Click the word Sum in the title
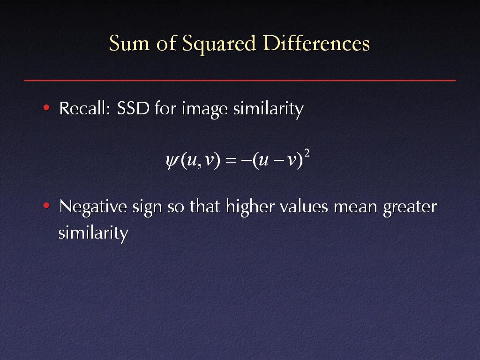(129, 43)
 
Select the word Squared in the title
(218, 44)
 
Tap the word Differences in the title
(316, 43)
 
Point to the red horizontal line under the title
(240, 81)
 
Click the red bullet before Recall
(46, 107)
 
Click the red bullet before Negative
(46, 205)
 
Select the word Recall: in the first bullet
(85, 108)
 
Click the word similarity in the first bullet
(269, 109)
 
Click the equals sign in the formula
(231, 160)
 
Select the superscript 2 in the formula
(307, 153)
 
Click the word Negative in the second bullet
(93, 207)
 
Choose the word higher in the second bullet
(250, 207)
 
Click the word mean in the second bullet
(355, 208)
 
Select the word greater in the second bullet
(410, 208)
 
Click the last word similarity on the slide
(93, 233)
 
